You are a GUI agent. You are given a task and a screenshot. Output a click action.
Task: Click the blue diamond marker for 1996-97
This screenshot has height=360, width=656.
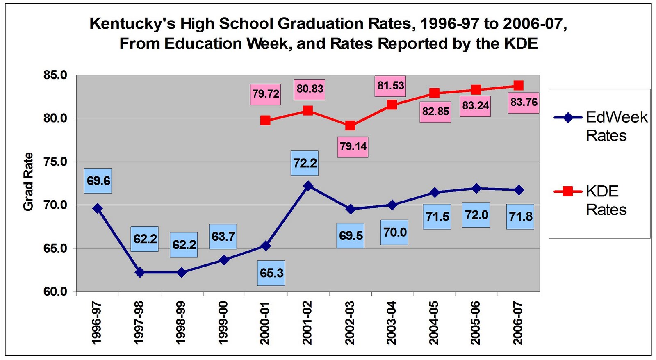(98, 208)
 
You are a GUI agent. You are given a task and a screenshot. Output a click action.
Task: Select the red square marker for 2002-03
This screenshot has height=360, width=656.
(350, 125)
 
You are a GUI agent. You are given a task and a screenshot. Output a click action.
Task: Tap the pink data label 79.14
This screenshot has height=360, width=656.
(353, 146)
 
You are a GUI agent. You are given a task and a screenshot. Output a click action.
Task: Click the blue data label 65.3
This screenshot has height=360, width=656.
(271, 273)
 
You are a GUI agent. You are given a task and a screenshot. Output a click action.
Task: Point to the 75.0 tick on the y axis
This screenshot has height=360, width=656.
(55, 162)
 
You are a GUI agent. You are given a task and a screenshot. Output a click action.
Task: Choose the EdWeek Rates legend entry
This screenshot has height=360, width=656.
(601, 126)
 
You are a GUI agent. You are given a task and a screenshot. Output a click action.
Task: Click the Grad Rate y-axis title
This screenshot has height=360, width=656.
(28, 182)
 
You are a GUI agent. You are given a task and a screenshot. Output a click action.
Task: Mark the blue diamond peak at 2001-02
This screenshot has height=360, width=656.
(308, 186)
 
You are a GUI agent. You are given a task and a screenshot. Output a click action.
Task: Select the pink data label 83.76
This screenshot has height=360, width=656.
(524, 102)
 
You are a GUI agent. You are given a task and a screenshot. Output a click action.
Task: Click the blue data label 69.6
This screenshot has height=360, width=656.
(98, 181)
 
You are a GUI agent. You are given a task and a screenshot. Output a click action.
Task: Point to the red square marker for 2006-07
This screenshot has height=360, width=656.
(518, 85)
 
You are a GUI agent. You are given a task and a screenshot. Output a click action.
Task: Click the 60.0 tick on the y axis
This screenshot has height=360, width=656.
(55, 292)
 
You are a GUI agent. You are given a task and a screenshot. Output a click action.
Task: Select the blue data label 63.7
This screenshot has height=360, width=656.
(223, 237)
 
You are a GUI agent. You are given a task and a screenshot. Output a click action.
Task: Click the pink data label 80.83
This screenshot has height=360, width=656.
(310, 89)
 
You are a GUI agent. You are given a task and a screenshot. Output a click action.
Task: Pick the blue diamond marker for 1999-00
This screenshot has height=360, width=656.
(224, 260)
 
